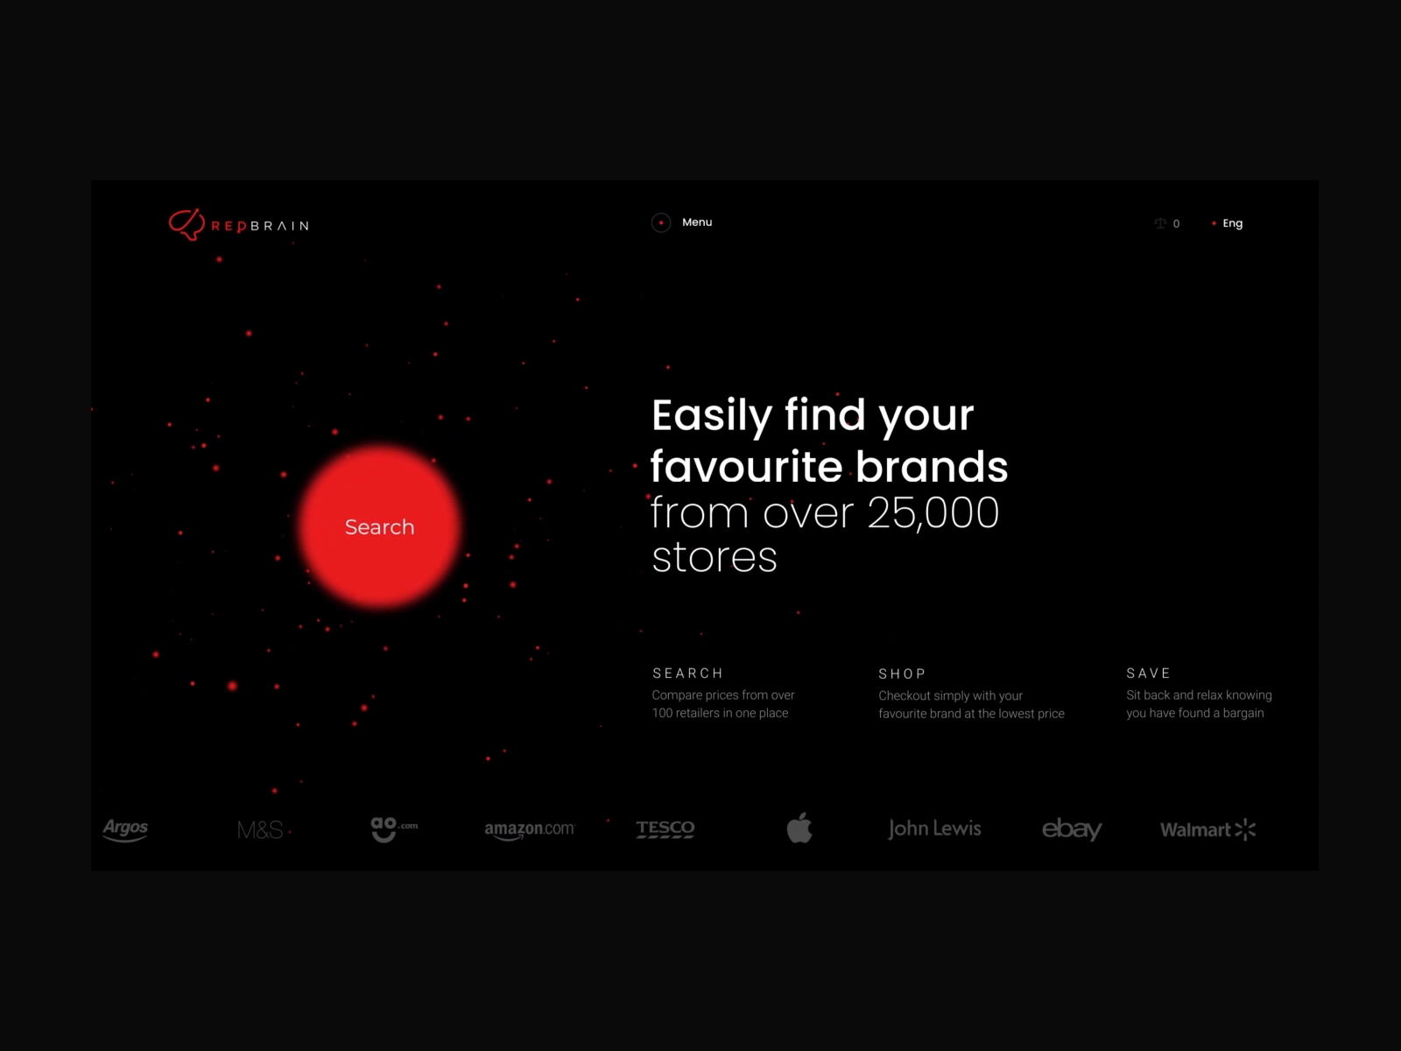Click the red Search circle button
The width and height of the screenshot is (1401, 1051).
point(380,526)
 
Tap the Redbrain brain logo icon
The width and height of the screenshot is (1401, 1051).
point(187,224)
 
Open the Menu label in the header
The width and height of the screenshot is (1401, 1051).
point(697,222)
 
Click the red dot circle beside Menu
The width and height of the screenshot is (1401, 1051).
point(660,222)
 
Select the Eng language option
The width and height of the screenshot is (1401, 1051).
point(1233,223)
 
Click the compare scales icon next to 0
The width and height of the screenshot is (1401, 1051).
point(1159,223)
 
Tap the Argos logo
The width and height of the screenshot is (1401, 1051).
point(125,829)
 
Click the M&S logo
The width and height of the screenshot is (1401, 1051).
point(260,829)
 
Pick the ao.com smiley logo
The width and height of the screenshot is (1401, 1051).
point(394,829)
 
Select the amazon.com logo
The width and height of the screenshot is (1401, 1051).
point(529,829)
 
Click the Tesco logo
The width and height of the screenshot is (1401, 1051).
point(665,829)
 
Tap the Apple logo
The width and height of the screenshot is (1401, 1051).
point(799,828)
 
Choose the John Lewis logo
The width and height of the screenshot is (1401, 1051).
point(934,829)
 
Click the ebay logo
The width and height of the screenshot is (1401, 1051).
point(1072,829)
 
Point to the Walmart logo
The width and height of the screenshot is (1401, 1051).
point(1208,829)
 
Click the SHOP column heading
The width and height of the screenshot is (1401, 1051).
point(902,674)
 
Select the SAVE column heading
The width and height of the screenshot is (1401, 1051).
point(1148,674)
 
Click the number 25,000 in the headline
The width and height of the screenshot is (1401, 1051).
point(933,513)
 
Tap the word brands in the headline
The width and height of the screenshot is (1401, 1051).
point(932,467)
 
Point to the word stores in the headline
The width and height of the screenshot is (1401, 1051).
point(715,557)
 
